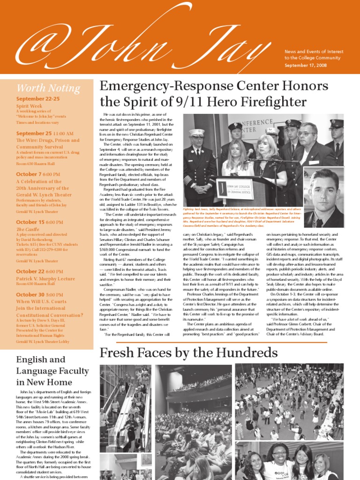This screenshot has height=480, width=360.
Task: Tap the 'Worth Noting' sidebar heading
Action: coord(48,88)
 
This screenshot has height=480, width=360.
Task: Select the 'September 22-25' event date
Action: coord(38,99)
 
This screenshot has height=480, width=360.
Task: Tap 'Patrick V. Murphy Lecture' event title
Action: coord(45,278)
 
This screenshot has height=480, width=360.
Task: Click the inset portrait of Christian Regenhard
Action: coord(323,197)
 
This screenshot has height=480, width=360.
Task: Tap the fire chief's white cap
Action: coord(197,133)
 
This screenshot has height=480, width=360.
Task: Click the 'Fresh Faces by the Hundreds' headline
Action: coord(188,352)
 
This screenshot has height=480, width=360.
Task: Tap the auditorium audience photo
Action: coord(194,422)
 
